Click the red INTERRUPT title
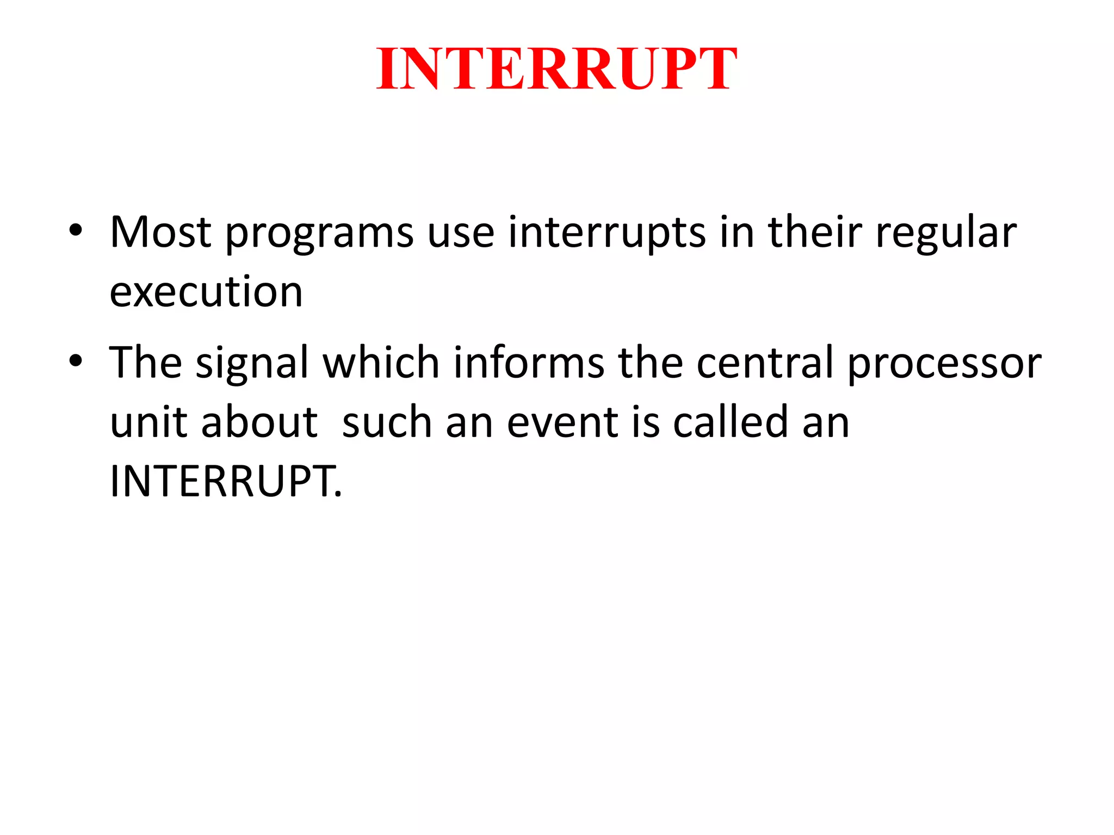point(556,69)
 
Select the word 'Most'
point(160,233)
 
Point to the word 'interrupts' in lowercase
point(606,234)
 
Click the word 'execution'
point(206,292)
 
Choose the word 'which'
point(381,363)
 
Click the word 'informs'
point(529,363)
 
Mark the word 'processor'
point(944,365)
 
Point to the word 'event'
point(562,422)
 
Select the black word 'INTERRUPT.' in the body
point(226,481)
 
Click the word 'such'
point(387,422)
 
